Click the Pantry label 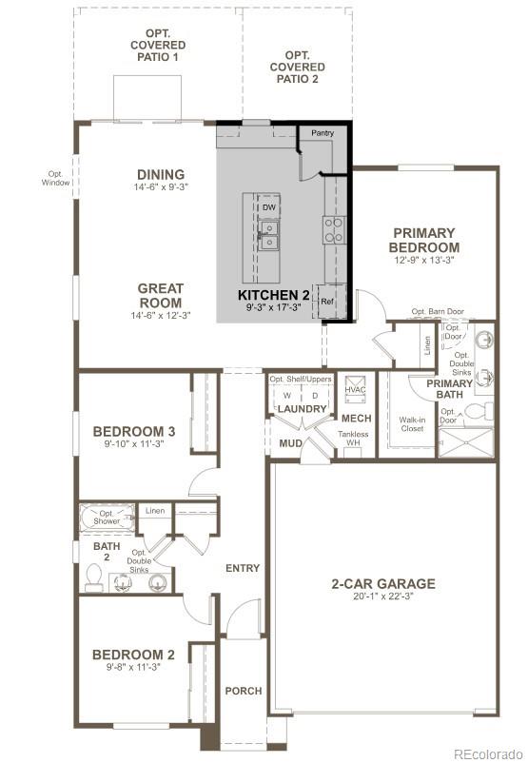coord(323,133)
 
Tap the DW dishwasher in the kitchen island coord(269,206)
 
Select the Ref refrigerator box coord(327,301)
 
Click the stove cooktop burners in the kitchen coord(334,229)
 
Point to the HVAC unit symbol coord(355,388)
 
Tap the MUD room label coord(290,443)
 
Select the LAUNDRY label coord(302,409)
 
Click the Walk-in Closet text coord(412,423)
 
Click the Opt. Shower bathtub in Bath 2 coord(106,518)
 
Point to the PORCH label coord(243,691)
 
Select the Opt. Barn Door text coord(438,311)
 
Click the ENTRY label coord(243,568)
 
